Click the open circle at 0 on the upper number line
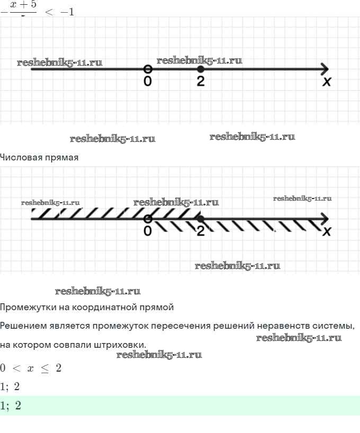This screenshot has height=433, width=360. pos(148,69)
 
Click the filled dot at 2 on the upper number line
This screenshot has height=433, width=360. pos(200,69)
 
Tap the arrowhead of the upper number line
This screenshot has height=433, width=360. pos(324,69)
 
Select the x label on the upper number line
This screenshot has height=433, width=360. pos(327,82)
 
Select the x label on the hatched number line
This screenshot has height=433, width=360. pos(327,231)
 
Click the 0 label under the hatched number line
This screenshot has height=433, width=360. pos(148,231)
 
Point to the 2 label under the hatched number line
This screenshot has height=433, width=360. pos(200,231)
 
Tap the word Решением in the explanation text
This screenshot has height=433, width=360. pos(22,325)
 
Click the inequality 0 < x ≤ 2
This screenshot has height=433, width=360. pos(31,368)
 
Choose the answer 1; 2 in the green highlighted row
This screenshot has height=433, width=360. pos(11,406)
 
